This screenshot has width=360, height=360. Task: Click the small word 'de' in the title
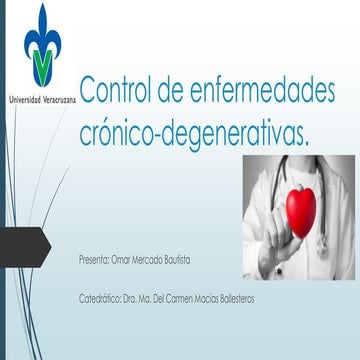click(179, 93)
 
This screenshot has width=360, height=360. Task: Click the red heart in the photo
click(301, 207)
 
